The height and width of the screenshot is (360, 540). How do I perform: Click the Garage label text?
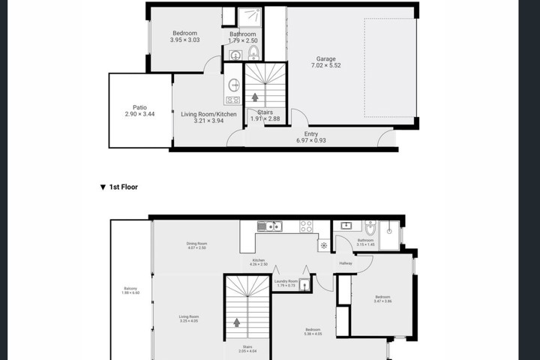[x=325, y=58]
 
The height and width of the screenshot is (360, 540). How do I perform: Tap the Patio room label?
[x=139, y=107]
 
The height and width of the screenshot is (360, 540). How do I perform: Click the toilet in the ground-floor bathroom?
[x=253, y=52]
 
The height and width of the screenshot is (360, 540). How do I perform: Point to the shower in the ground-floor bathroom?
[x=250, y=16]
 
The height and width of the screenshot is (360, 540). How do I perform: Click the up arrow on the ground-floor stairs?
[x=255, y=97]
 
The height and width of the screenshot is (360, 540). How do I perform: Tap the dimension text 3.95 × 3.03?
[x=184, y=40]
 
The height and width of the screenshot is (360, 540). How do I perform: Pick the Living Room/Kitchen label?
[x=209, y=114]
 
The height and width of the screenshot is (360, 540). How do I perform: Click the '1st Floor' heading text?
[x=124, y=187]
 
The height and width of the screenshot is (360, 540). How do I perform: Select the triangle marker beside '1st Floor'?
[x=103, y=187]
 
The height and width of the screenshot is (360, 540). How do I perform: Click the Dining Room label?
[x=196, y=243]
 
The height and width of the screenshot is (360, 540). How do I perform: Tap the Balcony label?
[x=130, y=289]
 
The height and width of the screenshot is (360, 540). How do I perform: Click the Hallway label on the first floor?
[x=346, y=263]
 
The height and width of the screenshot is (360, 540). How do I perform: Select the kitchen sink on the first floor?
[x=268, y=226]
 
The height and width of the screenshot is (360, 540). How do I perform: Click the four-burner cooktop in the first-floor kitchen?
[x=306, y=226]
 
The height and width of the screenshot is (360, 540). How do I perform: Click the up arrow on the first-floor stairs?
[x=237, y=322]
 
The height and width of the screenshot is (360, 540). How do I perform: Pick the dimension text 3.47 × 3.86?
[x=383, y=301]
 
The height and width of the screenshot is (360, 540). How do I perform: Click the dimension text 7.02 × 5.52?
[x=325, y=66]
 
